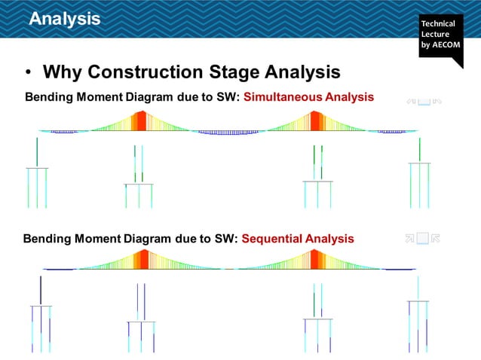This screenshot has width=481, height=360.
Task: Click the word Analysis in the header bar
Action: (x=64, y=19)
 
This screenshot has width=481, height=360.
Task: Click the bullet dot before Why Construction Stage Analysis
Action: (x=28, y=73)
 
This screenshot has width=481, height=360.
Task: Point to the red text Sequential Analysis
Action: (x=298, y=239)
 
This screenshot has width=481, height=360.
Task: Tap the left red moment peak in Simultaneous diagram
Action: (x=140, y=121)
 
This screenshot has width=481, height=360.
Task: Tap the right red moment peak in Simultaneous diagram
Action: (x=316, y=121)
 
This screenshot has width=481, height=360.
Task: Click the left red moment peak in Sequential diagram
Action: (x=141, y=260)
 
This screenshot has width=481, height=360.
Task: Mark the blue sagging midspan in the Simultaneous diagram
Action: (x=228, y=133)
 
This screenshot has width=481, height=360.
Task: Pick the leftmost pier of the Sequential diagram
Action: (x=41, y=316)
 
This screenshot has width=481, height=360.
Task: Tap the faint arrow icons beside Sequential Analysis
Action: (x=423, y=239)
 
